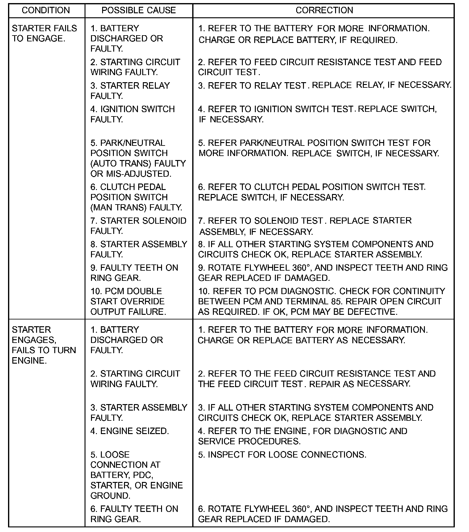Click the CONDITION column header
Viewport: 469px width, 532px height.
point(46,10)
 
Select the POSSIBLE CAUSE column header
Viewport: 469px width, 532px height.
point(139,10)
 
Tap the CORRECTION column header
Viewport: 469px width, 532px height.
point(324,10)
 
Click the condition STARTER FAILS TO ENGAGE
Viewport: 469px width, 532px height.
point(44,33)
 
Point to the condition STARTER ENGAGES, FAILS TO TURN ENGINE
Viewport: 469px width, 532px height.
point(44,345)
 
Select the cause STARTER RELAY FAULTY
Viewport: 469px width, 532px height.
point(130,91)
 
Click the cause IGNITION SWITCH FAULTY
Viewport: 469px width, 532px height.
point(132,114)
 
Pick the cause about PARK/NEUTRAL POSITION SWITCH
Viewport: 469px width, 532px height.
point(138,158)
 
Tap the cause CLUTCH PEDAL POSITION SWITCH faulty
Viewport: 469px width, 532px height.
point(136,197)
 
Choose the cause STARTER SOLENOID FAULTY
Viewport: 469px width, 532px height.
point(138,226)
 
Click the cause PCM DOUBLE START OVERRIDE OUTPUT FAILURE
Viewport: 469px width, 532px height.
point(128,301)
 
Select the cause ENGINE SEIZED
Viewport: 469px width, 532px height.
point(130,431)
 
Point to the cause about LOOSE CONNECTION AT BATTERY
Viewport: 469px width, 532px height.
point(136,475)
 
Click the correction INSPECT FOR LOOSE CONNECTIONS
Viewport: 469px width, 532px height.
point(282,455)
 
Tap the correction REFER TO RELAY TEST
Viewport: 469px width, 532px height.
point(325,85)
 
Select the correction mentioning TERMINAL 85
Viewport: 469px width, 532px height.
point(321,301)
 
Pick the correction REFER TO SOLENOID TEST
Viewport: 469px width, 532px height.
point(305,226)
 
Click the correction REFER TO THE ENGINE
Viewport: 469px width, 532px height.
point(302,436)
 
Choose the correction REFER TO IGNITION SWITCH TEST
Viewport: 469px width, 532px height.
point(317,114)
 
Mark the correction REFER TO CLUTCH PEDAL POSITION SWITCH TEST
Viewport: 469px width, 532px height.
point(312,192)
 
